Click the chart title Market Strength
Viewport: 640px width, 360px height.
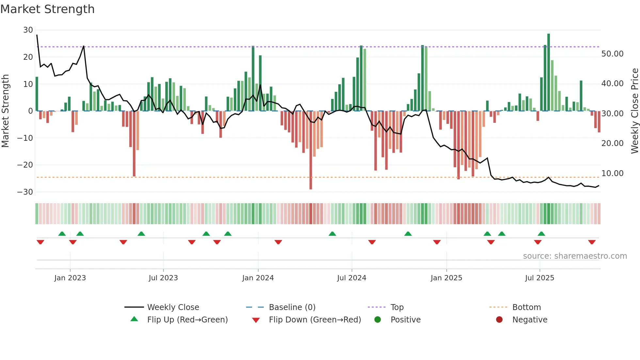click(48, 9)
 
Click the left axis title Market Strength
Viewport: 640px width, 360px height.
click(6, 111)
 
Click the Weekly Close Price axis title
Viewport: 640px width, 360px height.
click(634, 111)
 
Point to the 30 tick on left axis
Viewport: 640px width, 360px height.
click(28, 30)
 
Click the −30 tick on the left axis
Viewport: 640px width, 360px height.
click(25, 192)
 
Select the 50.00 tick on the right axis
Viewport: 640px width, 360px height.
click(612, 54)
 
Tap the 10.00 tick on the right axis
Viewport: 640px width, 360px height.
click(612, 173)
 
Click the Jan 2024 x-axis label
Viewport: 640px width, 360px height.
click(258, 278)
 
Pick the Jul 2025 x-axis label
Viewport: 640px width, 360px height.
click(539, 278)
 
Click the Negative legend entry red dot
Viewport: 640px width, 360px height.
click(499, 320)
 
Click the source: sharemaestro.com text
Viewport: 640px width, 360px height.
click(575, 256)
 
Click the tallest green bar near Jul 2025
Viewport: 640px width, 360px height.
click(549, 72)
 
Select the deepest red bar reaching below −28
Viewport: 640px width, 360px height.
click(311, 150)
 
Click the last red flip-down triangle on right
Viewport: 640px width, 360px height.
click(592, 242)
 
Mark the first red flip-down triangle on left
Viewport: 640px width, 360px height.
click(40, 242)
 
